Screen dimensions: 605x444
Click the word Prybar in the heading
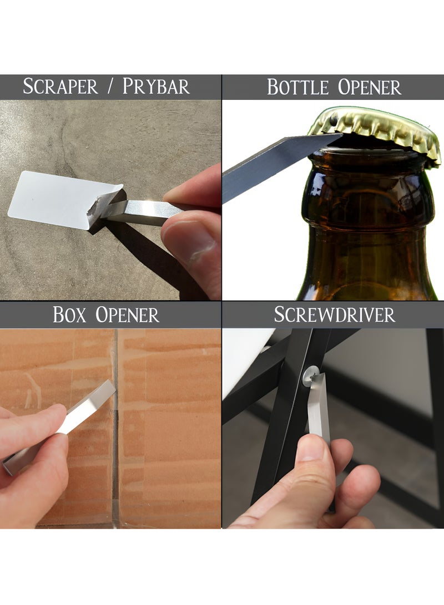pos(156,87)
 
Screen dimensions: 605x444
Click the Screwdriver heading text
pos(334,314)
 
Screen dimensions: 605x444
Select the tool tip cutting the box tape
pos(109,388)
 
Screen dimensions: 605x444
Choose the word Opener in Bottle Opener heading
pos(369,88)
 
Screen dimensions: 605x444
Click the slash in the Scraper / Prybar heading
pos(109,87)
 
